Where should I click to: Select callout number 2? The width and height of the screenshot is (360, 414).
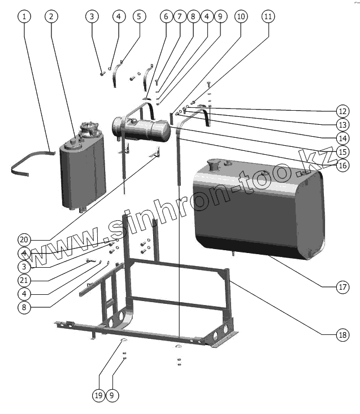pos(51,16)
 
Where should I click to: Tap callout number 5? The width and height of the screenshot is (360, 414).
pos(138,16)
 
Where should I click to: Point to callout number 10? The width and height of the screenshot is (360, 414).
pos(241,16)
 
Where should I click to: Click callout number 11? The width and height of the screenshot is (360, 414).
pos(268,16)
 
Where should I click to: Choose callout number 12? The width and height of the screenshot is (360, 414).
pos(342,110)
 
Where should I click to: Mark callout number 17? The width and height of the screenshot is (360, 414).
pos(342,287)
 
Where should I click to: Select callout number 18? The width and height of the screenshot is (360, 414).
pos(342,335)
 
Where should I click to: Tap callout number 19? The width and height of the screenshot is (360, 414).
pos(98,396)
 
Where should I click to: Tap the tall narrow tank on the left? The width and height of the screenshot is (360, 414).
pos(82,169)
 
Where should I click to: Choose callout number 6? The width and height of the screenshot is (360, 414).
pos(166,16)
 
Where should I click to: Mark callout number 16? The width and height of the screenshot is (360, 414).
pos(342,165)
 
